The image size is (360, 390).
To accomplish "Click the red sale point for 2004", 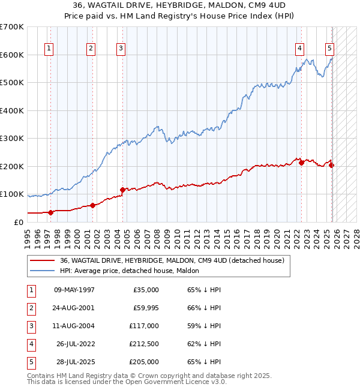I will click(123, 190).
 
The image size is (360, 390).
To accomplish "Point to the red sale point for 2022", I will click(301, 163).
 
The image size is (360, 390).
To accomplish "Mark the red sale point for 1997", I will click(50, 212).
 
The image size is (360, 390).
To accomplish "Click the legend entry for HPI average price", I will click(130, 271).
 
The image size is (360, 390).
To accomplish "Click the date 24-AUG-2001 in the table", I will click(74, 307).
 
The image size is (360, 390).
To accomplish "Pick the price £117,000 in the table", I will click(144, 325).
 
